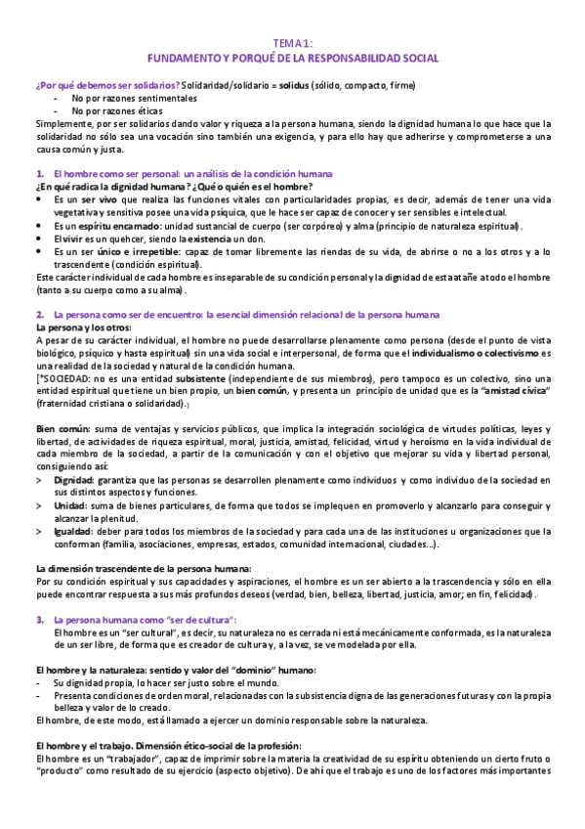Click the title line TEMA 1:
[x=291, y=44]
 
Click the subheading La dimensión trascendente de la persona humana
[x=144, y=568]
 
